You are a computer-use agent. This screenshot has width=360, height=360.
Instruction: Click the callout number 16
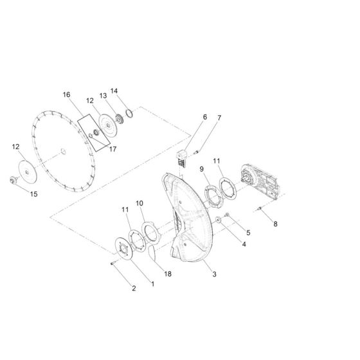click(66, 94)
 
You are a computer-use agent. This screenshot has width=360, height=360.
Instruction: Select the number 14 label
click(114, 91)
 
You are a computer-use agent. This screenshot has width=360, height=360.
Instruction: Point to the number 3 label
click(197, 274)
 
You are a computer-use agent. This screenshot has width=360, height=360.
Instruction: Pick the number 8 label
click(276, 224)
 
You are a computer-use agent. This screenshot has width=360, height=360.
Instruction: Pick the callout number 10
click(139, 203)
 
